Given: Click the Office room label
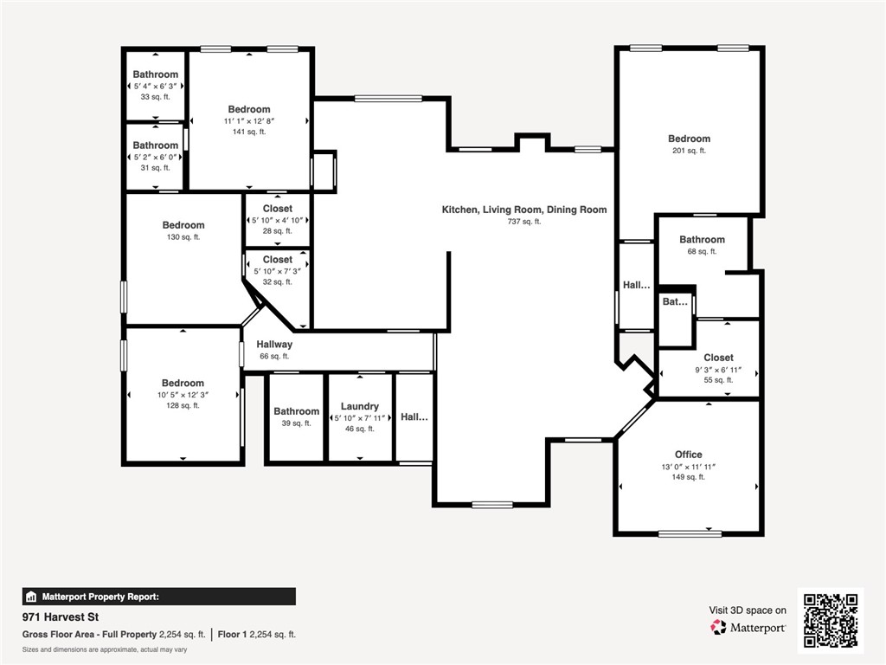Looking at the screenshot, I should [688, 455].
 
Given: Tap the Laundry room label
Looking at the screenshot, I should [359, 406].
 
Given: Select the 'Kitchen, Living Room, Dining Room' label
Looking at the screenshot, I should [524, 210].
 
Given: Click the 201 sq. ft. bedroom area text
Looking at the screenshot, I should [689, 151].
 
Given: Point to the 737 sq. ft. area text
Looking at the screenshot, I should [524, 222].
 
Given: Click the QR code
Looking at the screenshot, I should [830, 620].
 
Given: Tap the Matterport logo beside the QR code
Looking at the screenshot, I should [748, 627].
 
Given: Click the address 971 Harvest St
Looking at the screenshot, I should [57, 618].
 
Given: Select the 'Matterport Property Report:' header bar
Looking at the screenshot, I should [158, 597].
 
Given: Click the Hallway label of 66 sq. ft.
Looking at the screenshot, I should [274, 345].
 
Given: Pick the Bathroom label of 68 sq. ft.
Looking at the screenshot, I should [702, 240].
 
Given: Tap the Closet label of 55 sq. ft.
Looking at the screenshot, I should [718, 358].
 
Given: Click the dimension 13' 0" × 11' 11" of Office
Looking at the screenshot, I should [689, 467].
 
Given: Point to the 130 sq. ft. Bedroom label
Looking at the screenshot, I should [183, 225].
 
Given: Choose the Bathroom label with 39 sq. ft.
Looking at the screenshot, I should [296, 411].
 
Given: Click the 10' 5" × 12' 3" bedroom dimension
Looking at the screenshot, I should [183, 395].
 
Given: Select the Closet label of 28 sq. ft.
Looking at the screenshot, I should [278, 209].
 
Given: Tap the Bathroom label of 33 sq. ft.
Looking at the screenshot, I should [156, 74].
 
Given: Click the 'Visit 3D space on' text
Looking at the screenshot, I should [748, 610].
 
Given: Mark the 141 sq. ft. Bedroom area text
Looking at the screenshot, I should [249, 132].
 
